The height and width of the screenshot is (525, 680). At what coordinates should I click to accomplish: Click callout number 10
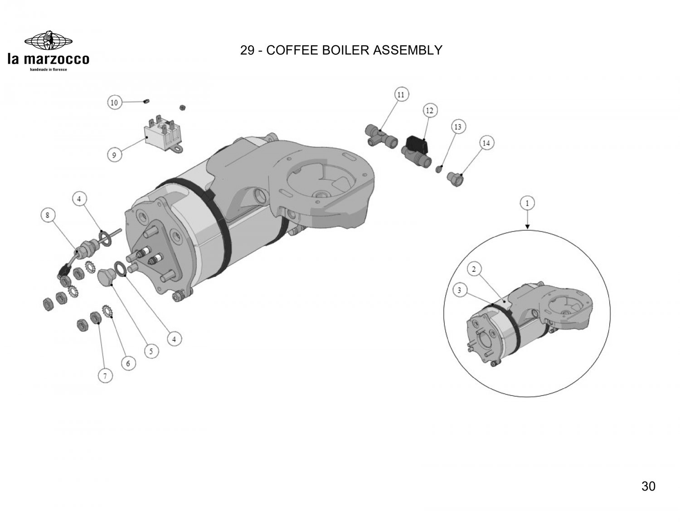click(114, 103)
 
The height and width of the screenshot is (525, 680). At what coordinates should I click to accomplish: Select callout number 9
click(114, 155)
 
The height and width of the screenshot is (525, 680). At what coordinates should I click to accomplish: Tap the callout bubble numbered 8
click(47, 216)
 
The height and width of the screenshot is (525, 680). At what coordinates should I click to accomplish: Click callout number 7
click(105, 376)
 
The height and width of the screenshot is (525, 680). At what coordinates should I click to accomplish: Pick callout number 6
click(128, 363)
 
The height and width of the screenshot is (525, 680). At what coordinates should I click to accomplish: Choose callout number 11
click(401, 95)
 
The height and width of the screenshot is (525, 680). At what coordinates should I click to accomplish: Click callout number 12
click(429, 110)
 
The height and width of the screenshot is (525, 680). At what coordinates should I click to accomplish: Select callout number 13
click(458, 127)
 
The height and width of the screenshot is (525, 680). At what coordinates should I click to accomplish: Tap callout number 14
click(486, 143)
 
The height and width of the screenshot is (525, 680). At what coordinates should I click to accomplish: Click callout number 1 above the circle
click(527, 203)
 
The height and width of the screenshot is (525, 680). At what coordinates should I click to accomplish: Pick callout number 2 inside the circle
click(474, 270)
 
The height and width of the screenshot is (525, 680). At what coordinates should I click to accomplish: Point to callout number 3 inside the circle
click(460, 290)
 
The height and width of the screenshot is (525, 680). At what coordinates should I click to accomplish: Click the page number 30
click(648, 486)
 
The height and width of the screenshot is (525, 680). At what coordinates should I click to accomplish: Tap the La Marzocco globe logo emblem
click(48, 41)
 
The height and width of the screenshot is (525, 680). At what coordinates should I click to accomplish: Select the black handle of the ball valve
click(417, 144)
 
